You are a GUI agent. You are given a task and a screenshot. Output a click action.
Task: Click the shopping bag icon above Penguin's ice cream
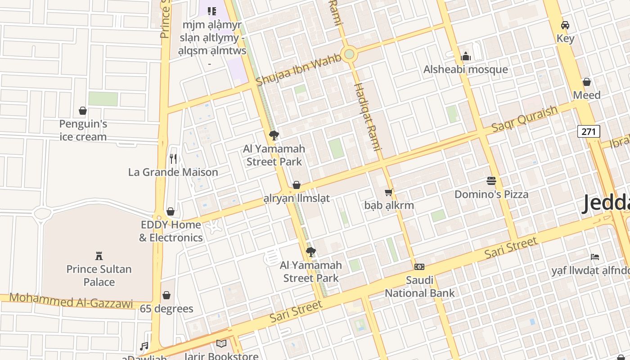[x=83, y=111]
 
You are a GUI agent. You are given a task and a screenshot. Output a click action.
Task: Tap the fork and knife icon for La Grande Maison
[x=173, y=158]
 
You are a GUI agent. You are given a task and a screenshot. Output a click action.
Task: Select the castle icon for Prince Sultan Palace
[x=99, y=256]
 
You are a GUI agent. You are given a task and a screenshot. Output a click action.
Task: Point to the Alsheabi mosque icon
[x=466, y=56]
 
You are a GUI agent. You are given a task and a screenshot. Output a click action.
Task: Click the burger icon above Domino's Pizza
[x=491, y=181]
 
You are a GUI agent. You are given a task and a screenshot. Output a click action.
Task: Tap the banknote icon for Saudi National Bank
[x=419, y=267]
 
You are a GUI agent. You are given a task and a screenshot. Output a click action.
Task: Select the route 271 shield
[x=589, y=131]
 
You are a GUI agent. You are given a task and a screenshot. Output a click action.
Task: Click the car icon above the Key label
[x=565, y=25]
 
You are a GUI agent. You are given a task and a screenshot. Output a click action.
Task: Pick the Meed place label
[x=587, y=95]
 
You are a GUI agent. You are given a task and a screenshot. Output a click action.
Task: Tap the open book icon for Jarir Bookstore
[x=221, y=344]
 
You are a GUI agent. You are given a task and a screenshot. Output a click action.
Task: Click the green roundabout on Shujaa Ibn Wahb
[x=349, y=54]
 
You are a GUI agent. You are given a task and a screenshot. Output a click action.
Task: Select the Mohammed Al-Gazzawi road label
[x=71, y=300]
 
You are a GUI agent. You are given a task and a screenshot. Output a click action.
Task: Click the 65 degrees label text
[x=166, y=309]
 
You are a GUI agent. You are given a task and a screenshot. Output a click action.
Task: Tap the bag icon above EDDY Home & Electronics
[x=171, y=211]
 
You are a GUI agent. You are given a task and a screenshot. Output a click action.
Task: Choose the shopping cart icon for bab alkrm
[x=389, y=192]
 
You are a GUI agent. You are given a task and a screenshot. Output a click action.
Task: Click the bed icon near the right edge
[x=595, y=257]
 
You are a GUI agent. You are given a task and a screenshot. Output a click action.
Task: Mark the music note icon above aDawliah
[x=144, y=346]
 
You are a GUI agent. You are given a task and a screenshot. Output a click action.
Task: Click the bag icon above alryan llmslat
[x=296, y=185]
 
